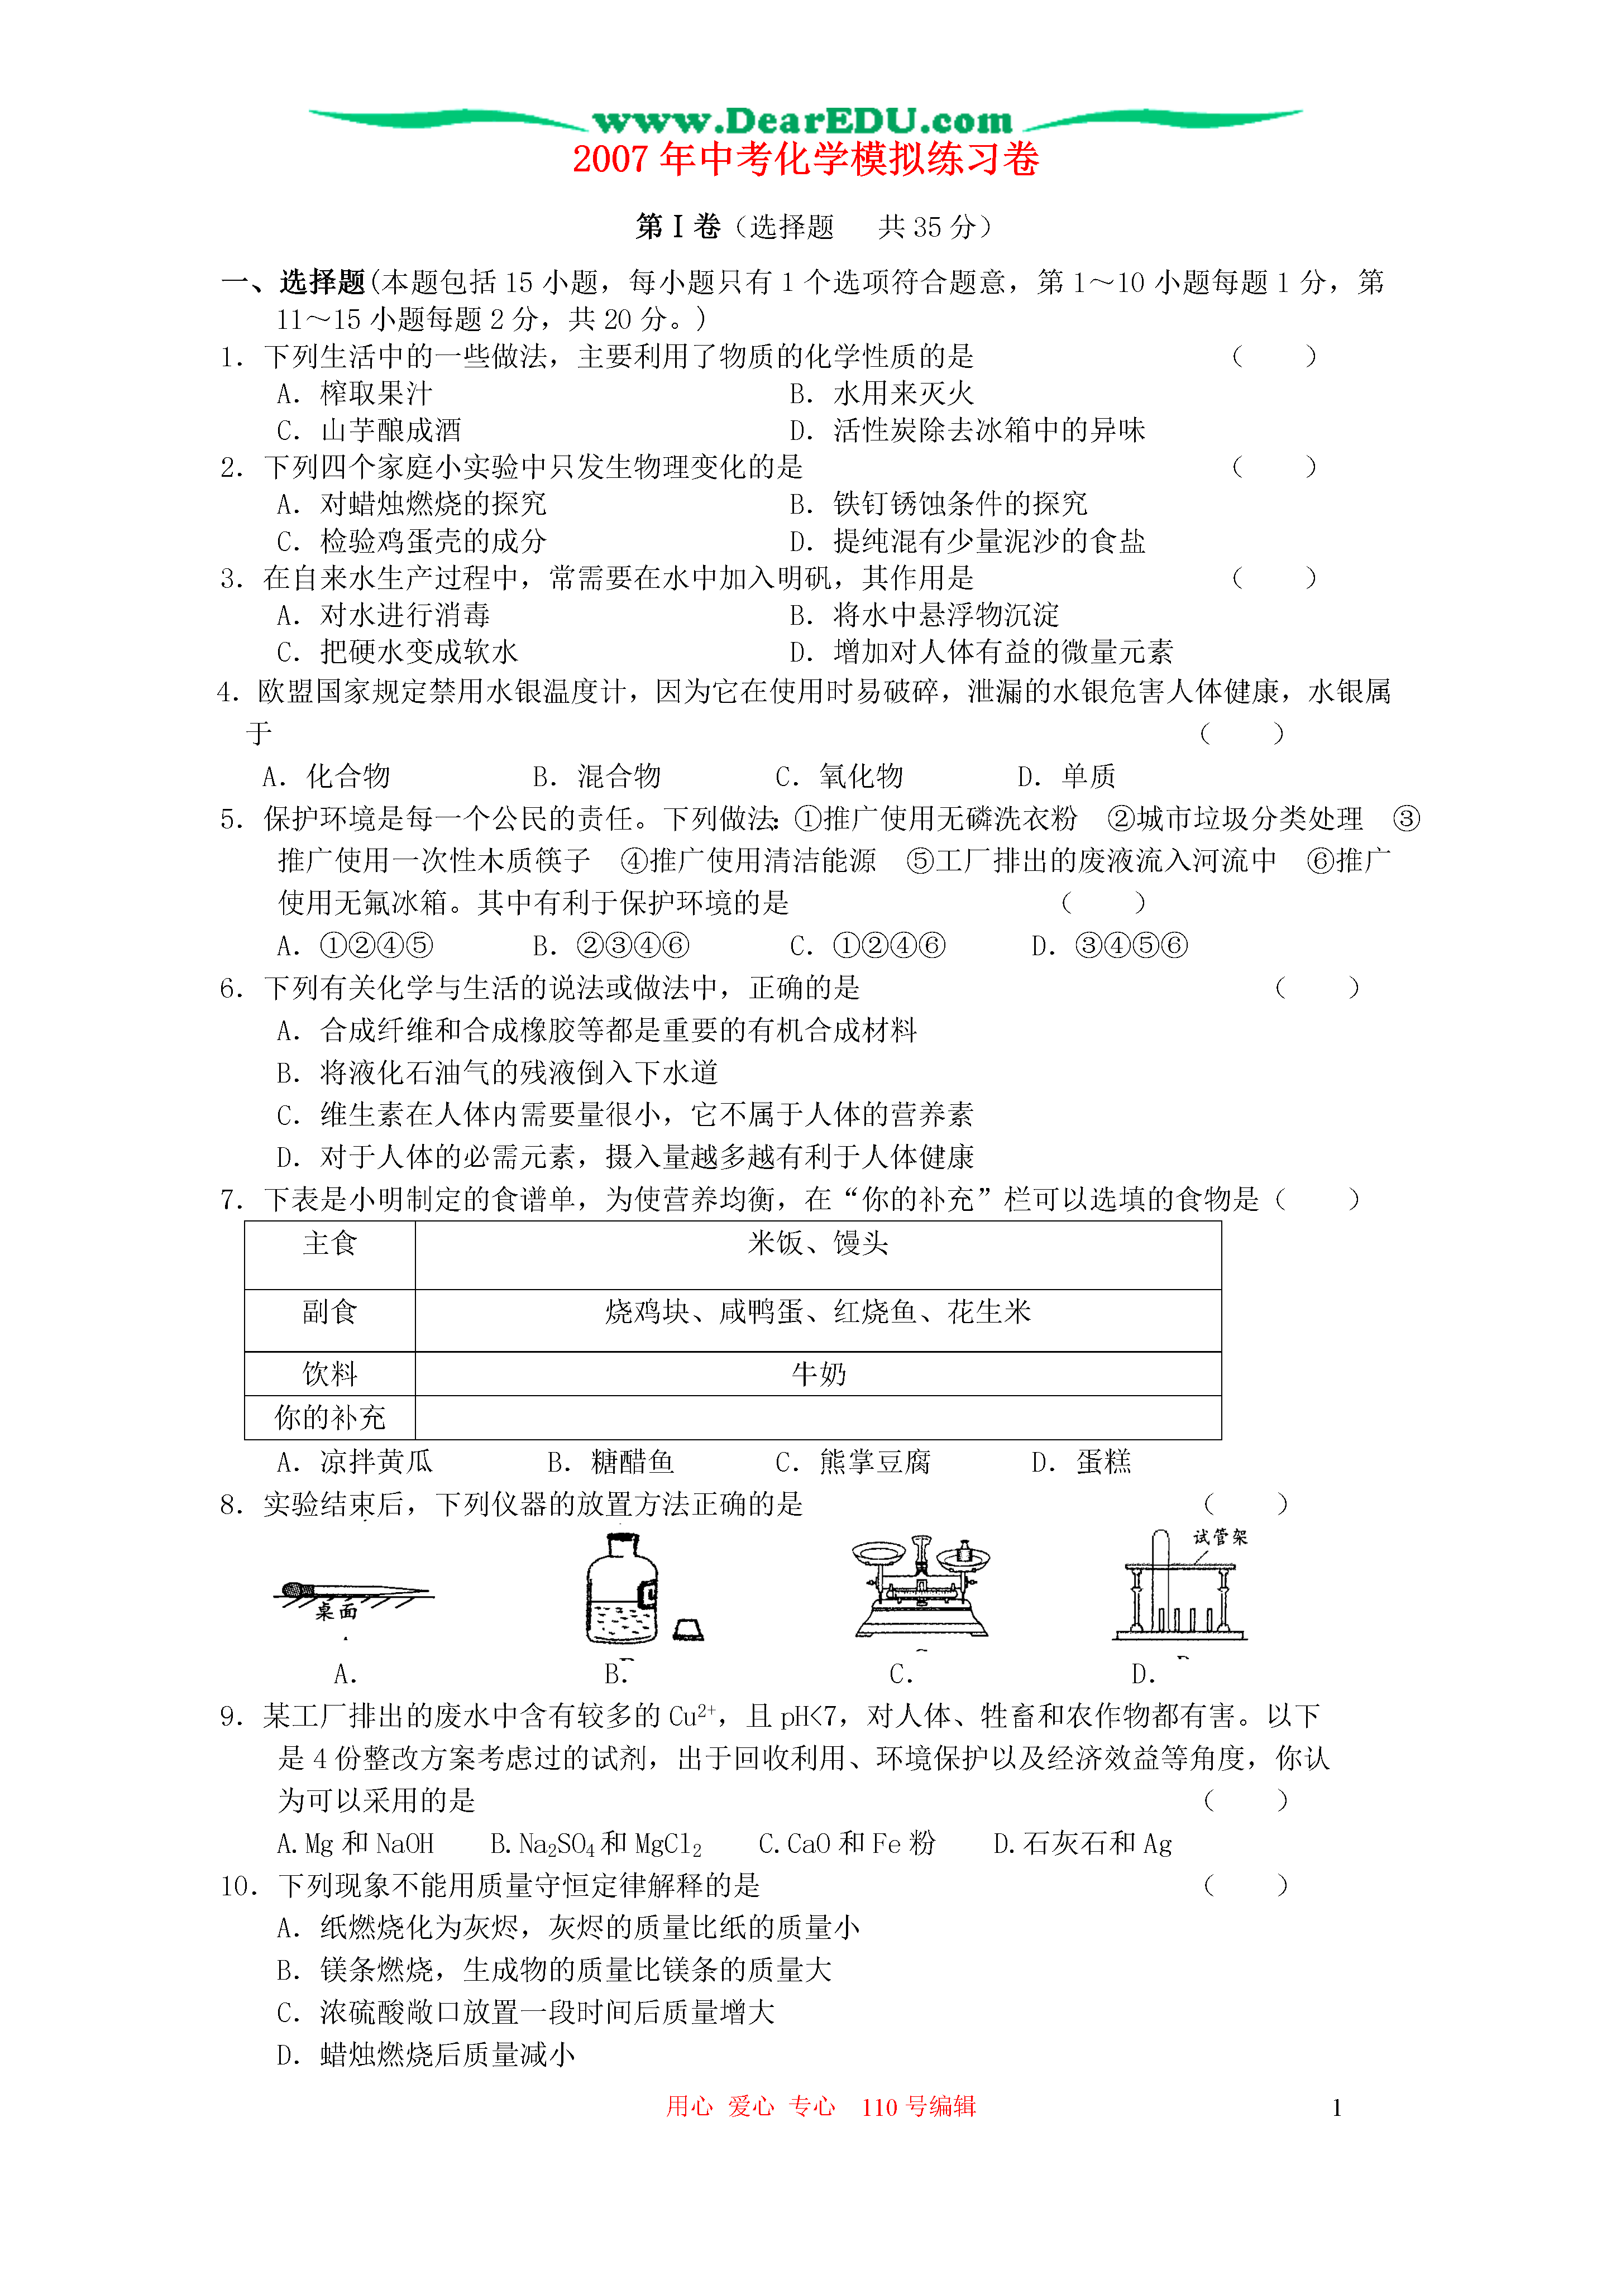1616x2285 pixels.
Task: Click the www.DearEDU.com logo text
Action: [x=802, y=121]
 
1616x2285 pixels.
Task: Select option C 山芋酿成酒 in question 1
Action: [x=370, y=430]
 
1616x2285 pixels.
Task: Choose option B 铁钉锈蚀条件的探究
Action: [x=938, y=504]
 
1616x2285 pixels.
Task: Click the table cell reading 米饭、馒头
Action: [x=817, y=1243]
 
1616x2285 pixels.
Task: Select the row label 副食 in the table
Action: [x=329, y=1312]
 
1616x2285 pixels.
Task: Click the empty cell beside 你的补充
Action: [x=817, y=1417]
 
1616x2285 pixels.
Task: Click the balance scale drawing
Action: [x=921, y=1588]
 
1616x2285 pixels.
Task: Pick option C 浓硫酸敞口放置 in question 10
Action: [x=525, y=2013]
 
